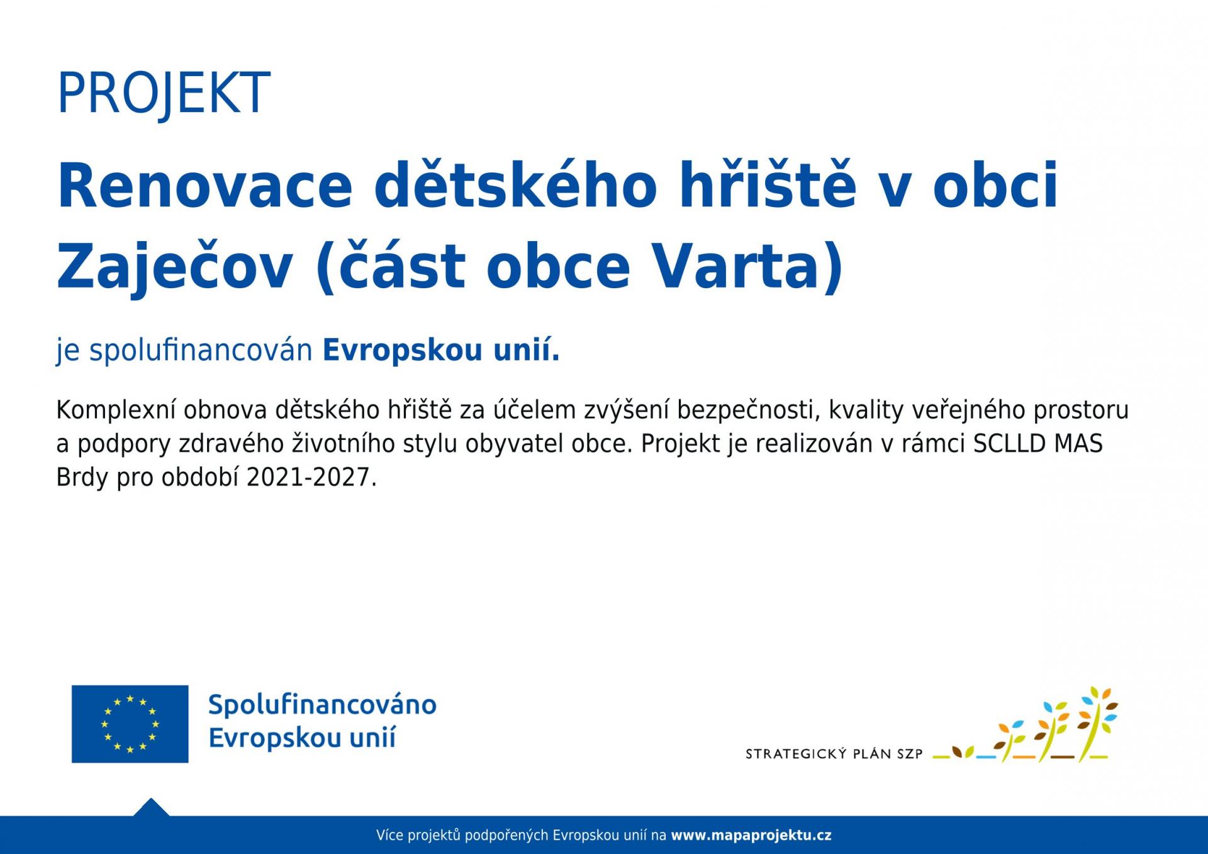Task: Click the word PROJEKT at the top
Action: click(x=164, y=93)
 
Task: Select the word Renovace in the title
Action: click(x=204, y=186)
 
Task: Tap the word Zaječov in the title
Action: click(x=175, y=267)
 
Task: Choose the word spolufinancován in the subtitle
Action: click(x=201, y=351)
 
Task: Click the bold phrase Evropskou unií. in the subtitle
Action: click(x=441, y=351)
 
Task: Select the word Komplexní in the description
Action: click(x=116, y=410)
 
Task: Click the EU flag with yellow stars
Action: click(x=130, y=724)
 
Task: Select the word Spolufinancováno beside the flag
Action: click(x=322, y=705)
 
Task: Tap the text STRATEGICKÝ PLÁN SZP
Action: click(x=834, y=753)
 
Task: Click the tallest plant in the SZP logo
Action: click(x=1097, y=724)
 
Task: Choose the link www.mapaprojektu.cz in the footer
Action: click(x=751, y=836)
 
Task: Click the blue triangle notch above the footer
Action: click(x=151, y=808)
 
